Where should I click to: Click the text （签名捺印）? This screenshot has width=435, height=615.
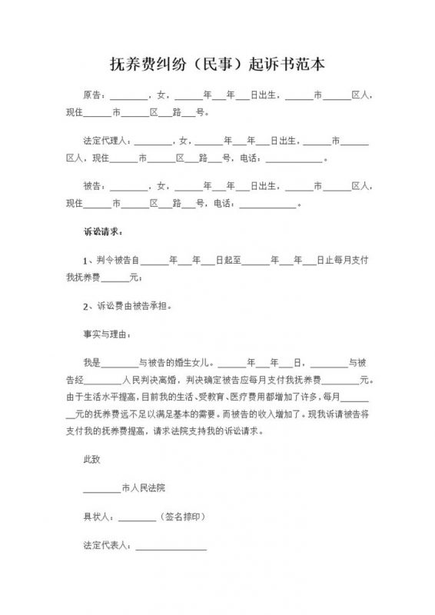pyautogui.click(x=183, y=517)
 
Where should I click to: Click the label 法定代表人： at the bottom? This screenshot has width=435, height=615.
pyautogui.click(x=107, y=547)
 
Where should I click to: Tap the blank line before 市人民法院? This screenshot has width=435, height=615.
pyautogui.click(x=101, y=490)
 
